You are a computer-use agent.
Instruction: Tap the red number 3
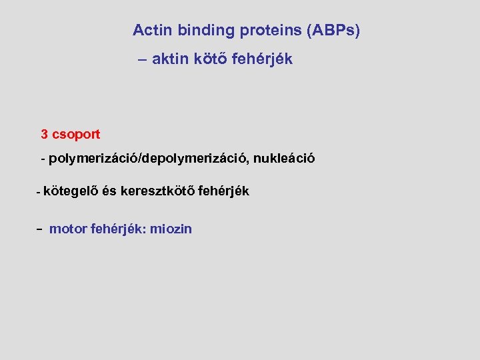tap(45, 134)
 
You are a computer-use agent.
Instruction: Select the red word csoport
tap(76, 135)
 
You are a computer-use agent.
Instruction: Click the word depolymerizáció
tap(192, 159)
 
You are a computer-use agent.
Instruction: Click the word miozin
tap(171, 229)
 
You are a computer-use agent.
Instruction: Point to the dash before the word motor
tap(40, 229)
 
